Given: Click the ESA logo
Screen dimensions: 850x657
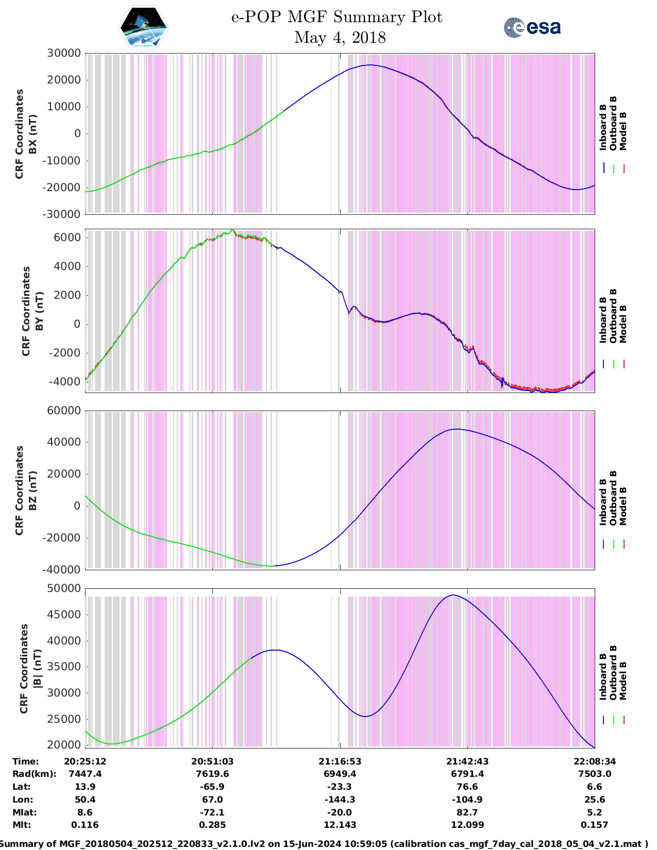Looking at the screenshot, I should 532,27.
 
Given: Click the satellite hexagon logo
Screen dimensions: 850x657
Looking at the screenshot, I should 144,27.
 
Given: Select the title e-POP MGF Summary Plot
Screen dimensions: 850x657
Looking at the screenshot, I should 336,17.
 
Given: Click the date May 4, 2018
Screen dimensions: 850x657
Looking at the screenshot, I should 340,38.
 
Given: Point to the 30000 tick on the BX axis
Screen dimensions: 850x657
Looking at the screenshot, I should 64,53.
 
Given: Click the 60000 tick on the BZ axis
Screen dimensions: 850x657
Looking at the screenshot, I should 64,411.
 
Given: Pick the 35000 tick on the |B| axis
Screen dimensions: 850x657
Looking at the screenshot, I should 64,667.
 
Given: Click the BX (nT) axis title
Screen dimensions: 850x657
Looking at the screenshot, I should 32,134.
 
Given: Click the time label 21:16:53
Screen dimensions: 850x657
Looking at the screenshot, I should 340,761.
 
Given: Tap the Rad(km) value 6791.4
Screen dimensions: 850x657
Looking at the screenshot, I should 467,774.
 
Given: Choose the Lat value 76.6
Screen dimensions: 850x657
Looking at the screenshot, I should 467,787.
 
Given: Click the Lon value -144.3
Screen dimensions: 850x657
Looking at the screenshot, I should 340,800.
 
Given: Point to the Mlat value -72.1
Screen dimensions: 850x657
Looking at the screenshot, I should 212,812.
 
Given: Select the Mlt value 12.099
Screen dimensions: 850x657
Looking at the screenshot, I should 467,825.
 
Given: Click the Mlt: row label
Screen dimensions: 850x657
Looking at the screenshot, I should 22,825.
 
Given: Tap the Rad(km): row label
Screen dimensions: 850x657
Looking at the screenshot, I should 34,774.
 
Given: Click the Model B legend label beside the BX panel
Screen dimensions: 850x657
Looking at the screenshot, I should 623,131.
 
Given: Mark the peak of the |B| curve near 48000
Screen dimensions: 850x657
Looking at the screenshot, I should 453,595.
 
